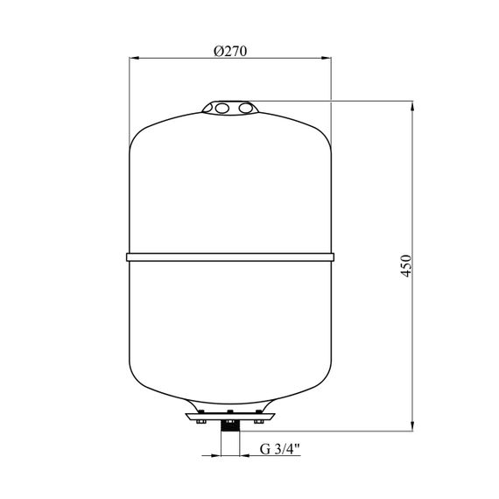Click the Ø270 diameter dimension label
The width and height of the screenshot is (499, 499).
[230, 51]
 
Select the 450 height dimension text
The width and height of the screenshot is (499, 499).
[406, 266]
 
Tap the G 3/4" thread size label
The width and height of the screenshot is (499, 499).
[280, 449]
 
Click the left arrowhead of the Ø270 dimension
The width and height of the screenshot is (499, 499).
[134, 59]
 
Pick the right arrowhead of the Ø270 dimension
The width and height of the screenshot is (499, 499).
[327, 59]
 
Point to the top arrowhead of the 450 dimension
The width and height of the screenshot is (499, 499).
[412, 106]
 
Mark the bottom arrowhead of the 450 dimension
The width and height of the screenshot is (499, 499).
[412, 426]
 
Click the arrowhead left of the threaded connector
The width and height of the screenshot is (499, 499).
[215, 455]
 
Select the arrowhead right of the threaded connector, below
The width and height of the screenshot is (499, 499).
[244, 455]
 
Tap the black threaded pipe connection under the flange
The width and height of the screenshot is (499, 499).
[230, 425]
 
